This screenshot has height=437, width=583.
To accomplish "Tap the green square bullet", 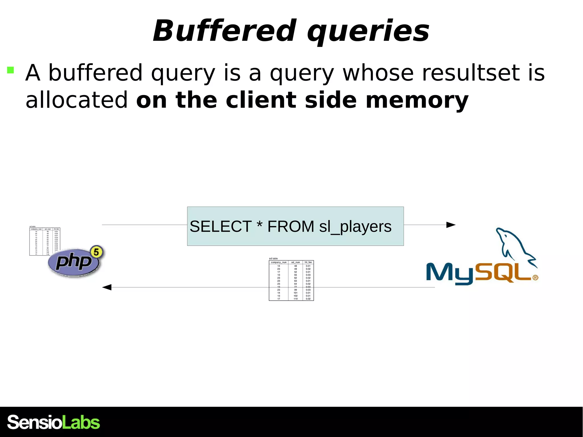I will [x=11, y=70].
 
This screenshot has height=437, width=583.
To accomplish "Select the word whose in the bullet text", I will [x=378, y=73].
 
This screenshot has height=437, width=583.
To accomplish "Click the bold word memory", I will [x=417, y=100].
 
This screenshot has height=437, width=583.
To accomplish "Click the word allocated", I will [x=77, y=100].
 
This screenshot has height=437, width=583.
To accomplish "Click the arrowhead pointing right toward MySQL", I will [x=451, y=225].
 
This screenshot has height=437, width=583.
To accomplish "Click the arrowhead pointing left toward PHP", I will [x=107, y=287].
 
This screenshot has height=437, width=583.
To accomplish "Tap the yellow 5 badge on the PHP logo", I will [x=97, y=252].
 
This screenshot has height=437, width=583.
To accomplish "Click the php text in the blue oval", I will [x=73, y=261].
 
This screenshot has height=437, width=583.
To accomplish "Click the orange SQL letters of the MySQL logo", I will [x=502, y=273].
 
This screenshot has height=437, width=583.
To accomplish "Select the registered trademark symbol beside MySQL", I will [x=535, y=278].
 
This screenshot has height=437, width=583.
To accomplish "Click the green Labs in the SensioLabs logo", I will [x=81, y=422].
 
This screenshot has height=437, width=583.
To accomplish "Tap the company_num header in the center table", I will [x=278, y=262].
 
